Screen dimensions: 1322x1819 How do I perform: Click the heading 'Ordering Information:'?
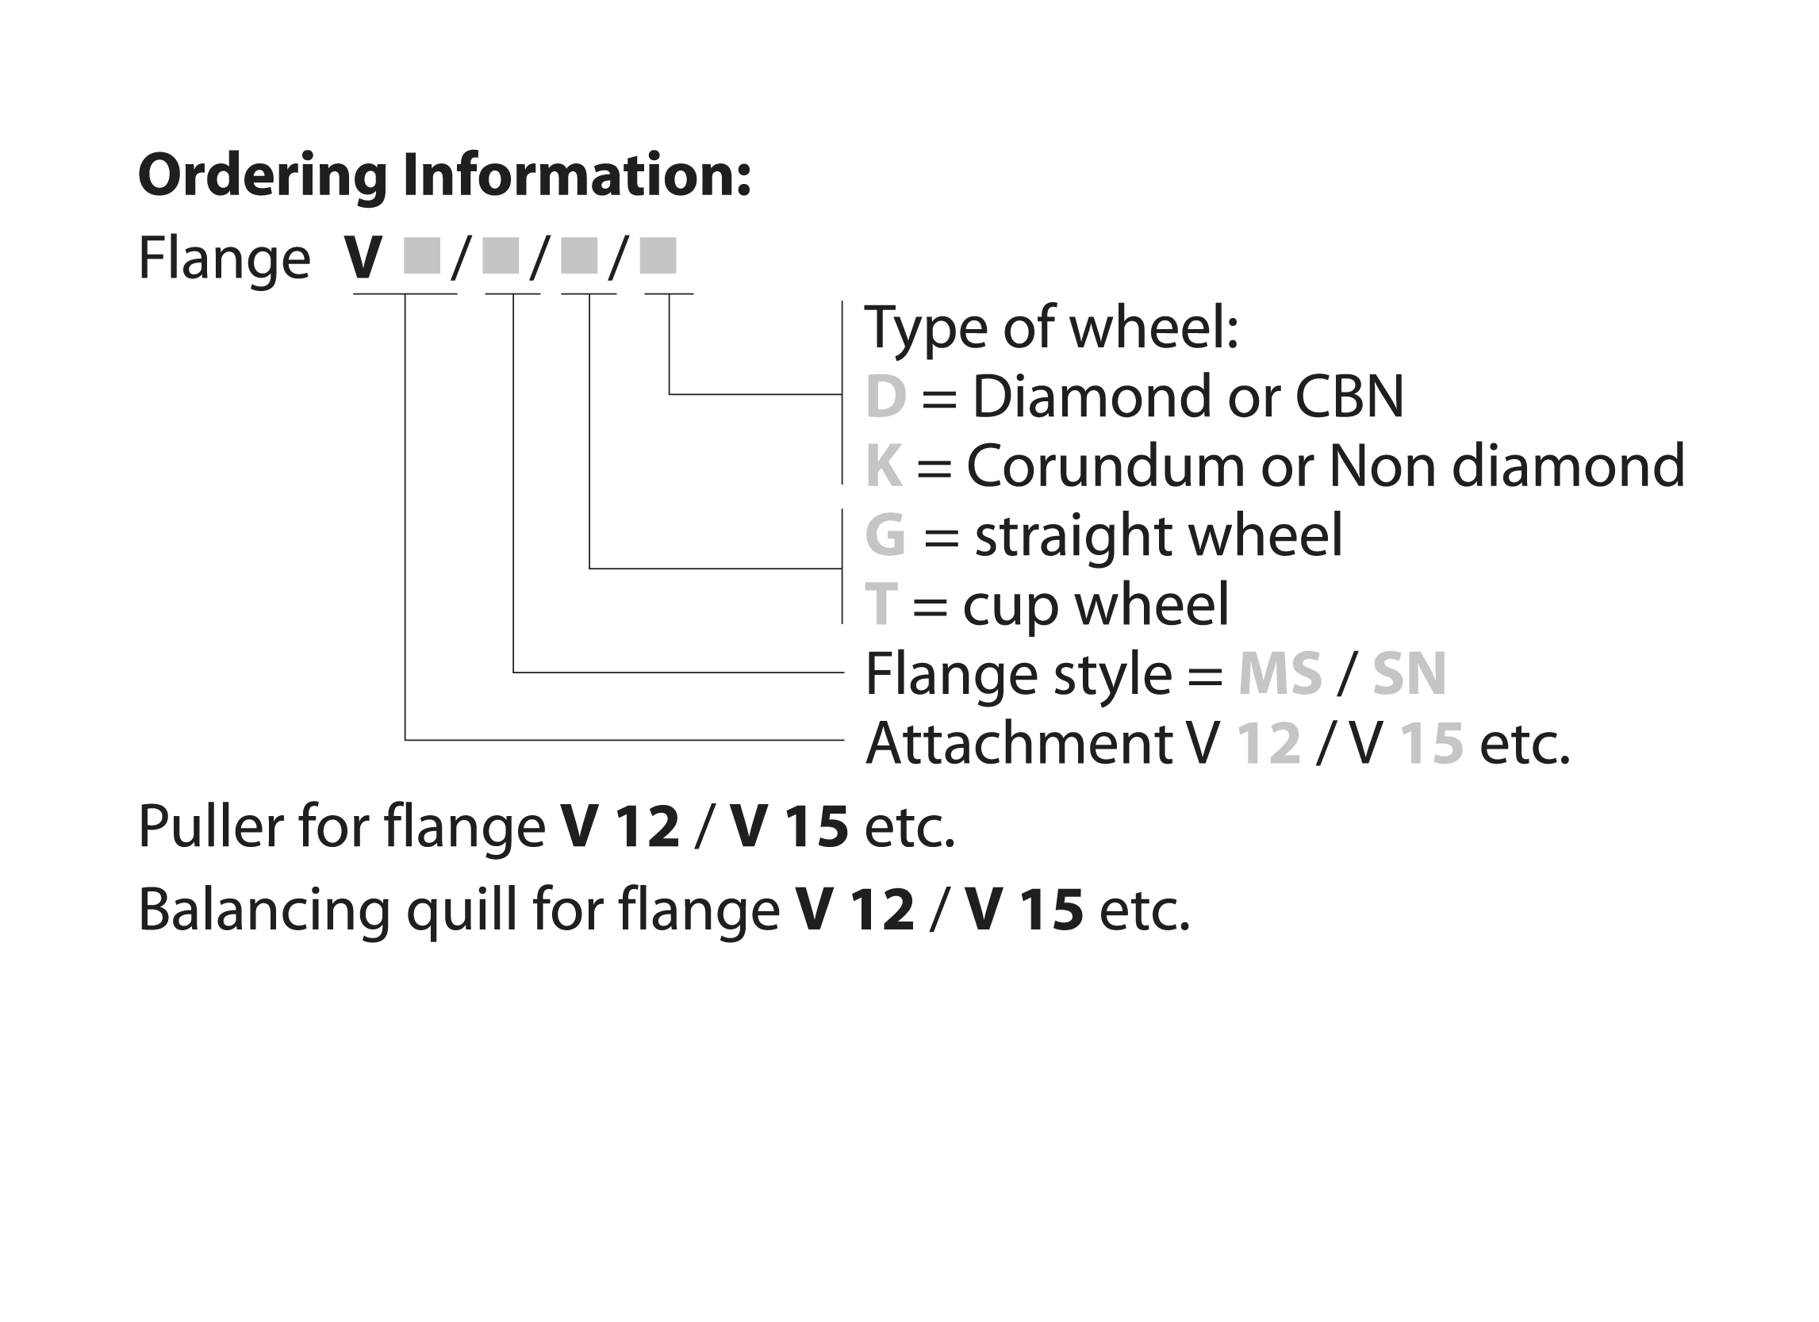coord(444,174)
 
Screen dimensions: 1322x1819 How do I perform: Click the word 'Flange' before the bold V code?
coord(224,259)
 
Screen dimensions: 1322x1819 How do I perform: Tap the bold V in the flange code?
coord(363,259)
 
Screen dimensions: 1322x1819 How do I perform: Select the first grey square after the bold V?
coord(422,255)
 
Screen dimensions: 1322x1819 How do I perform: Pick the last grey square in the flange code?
coord(658,255)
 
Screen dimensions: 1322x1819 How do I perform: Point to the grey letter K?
coord(884,466)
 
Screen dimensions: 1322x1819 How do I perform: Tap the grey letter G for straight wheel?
coord(885,535)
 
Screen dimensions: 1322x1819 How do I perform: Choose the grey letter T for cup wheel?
coord(881,604)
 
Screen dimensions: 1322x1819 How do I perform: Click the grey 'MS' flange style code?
coord(1280,674)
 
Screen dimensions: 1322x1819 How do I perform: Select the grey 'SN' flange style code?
coord(1409,674)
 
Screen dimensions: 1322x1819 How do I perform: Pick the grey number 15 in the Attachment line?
coord(1432,743)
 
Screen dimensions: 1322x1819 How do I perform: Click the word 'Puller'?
coord(210,826)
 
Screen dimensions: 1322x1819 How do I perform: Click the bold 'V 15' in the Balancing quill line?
coord(1024,910)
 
